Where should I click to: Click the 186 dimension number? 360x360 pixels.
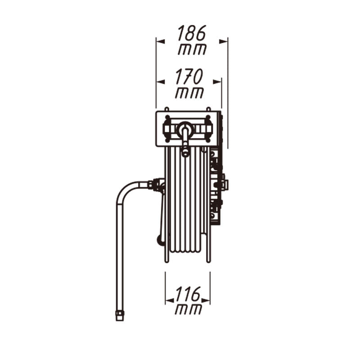(192, 33)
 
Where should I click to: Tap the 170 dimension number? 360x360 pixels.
(189, 76)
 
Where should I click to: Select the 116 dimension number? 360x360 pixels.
(188, 294)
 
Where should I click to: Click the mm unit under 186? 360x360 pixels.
(193, 49)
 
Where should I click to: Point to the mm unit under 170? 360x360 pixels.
(189, 93)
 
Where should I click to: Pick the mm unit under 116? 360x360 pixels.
(189, 309)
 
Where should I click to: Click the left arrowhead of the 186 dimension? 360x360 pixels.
(161, 41)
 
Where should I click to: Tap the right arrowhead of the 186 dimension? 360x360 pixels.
(223, 41)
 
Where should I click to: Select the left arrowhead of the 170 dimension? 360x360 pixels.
(161, 82)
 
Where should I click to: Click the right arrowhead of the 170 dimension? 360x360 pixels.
(217, 82)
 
